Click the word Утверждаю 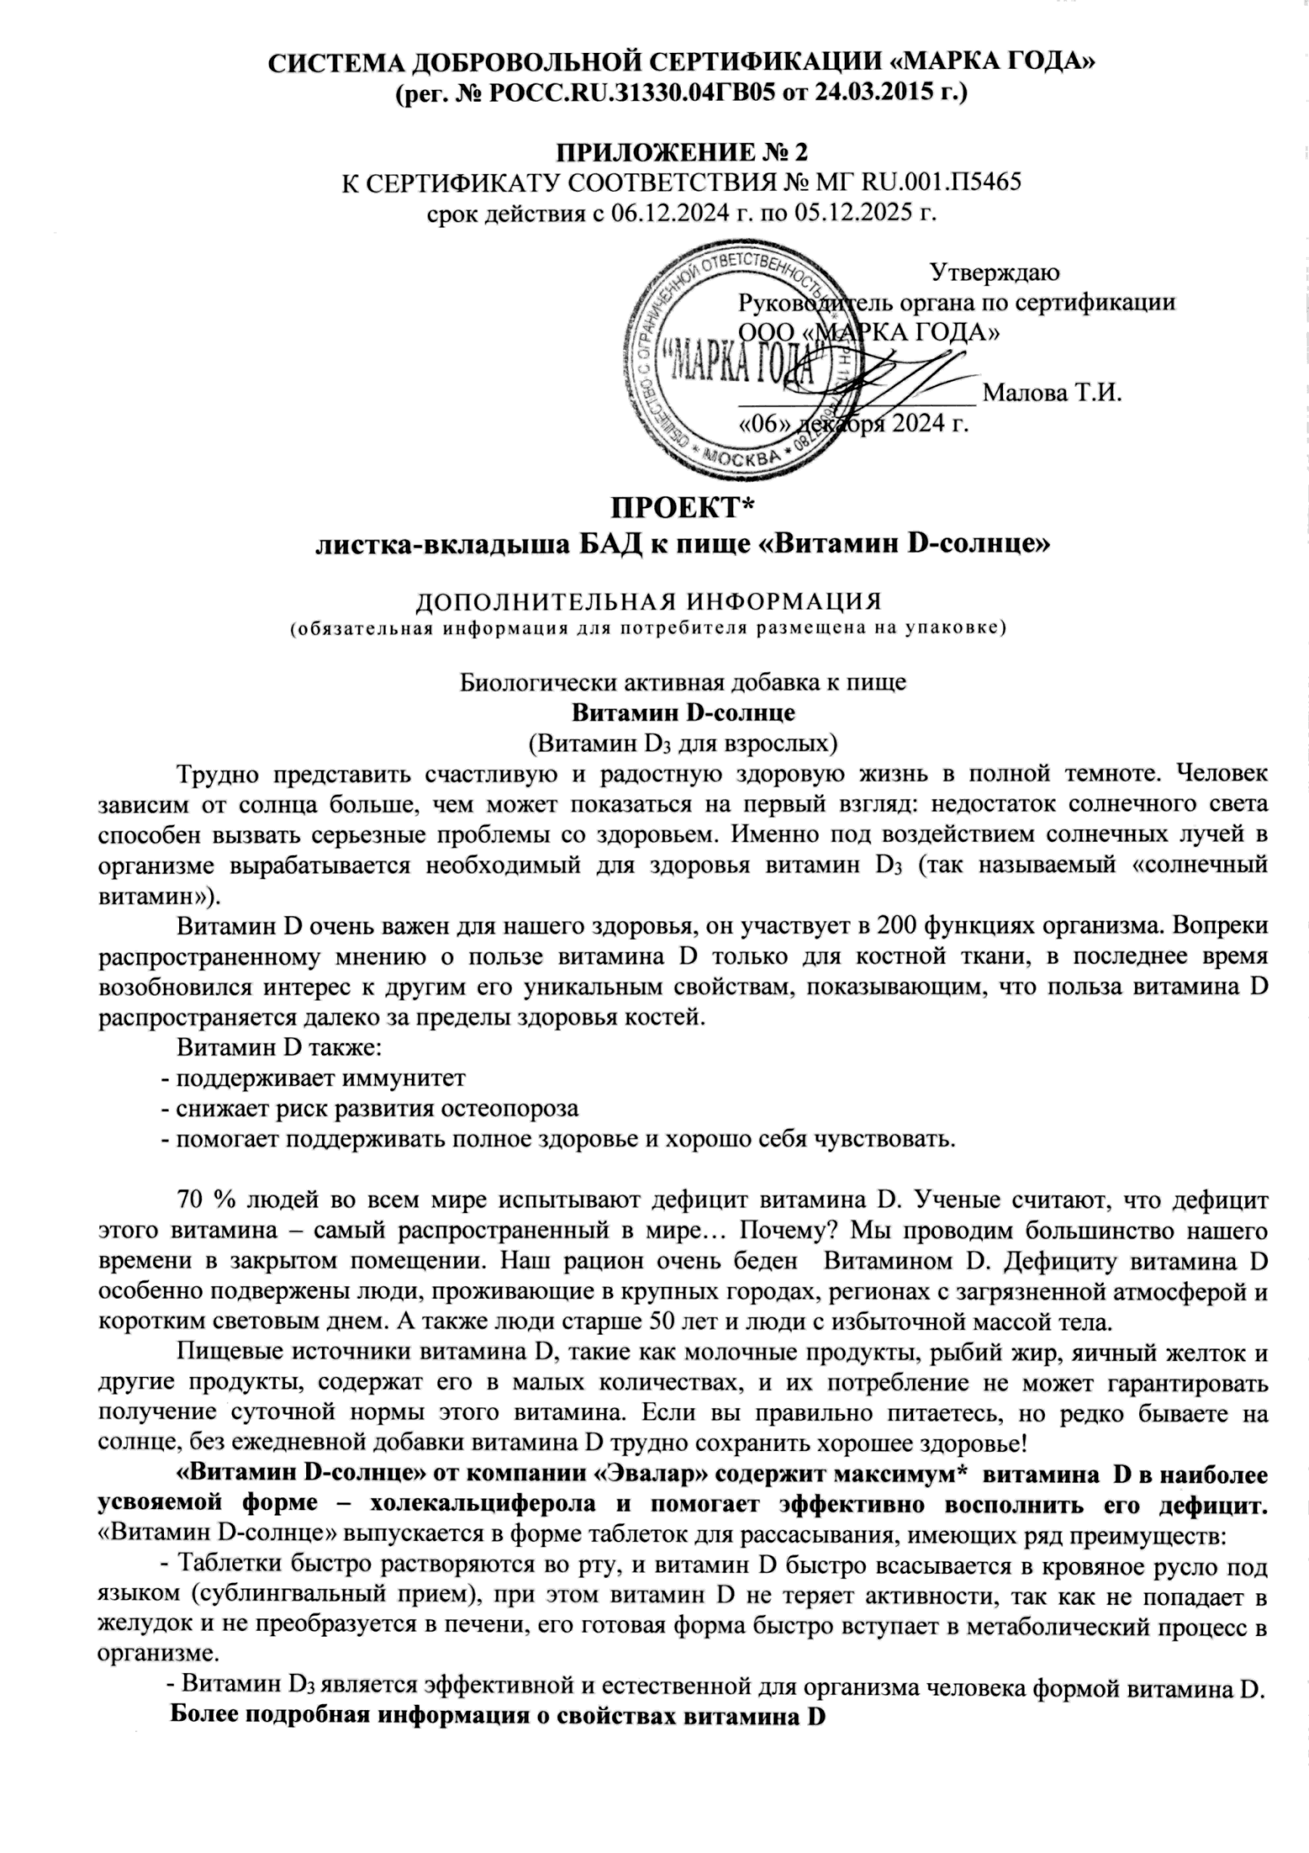995,272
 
